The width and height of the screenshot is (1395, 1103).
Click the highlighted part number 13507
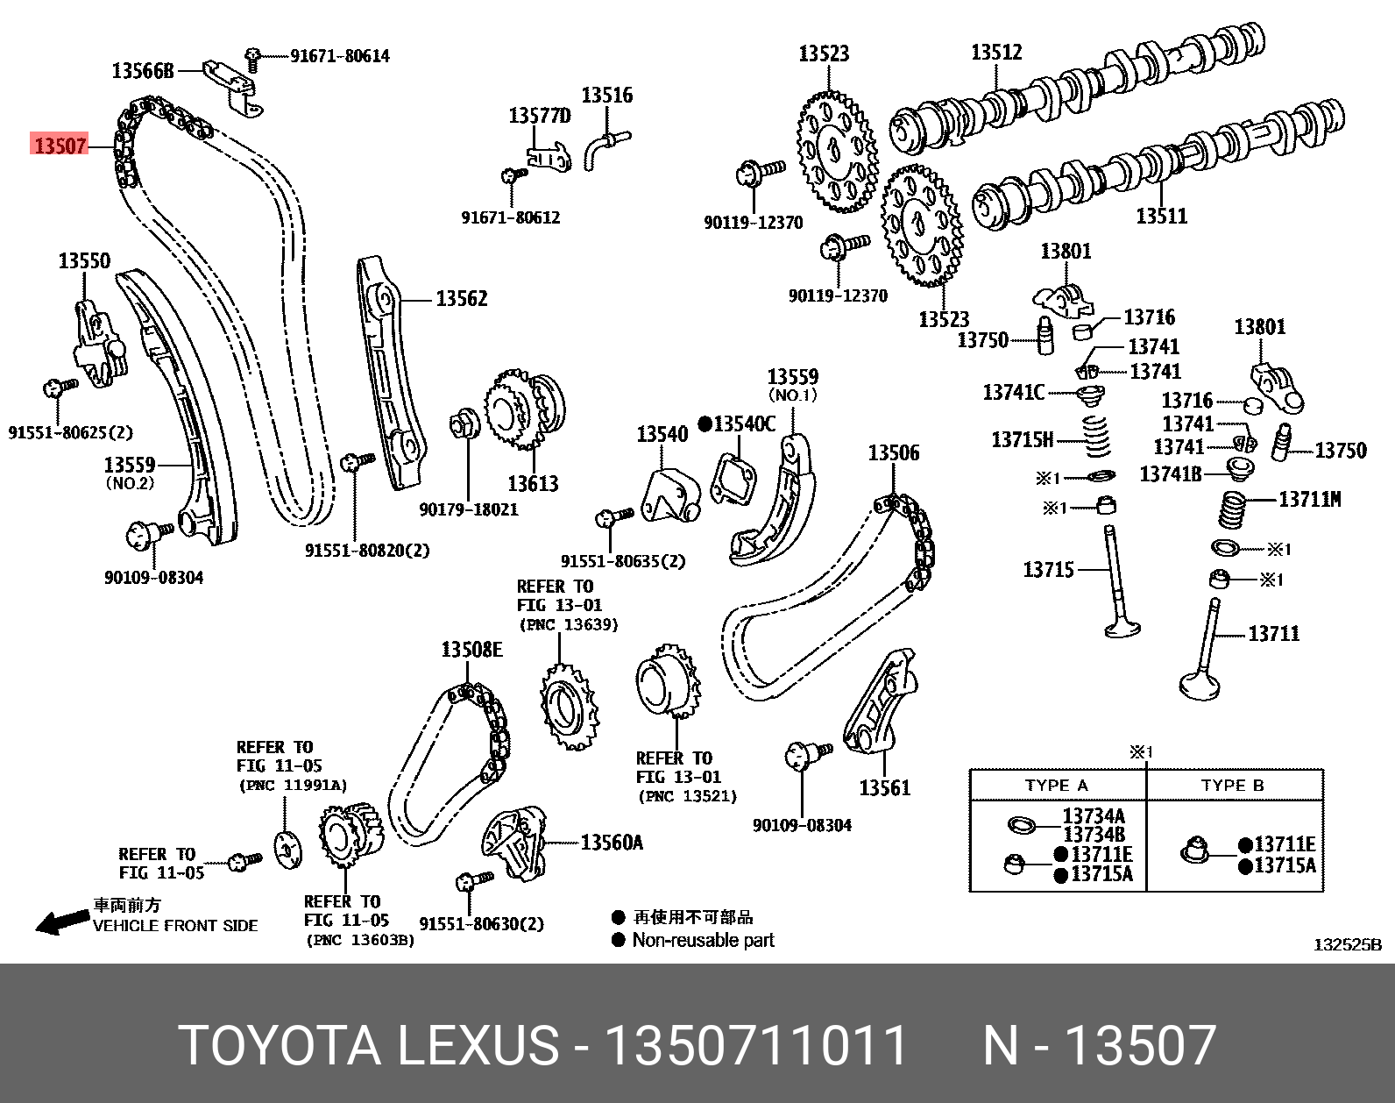click(x=60, y=145)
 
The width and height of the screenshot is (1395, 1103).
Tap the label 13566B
click(x=143, y=71)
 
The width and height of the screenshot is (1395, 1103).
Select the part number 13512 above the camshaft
click(x=996, y=53)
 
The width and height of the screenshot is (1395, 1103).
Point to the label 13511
click(x=1161, y=216)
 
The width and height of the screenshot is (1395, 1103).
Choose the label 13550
click(x=84, y=260)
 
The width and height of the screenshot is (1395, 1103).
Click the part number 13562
click(x=462, y=299)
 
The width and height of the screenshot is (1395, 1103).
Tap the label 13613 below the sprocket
click(x=533, y=483)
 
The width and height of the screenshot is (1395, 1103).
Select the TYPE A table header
click(x=1057, y=786)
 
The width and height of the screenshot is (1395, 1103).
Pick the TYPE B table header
click(x=1233, y=786)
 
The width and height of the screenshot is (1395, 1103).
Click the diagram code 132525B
click(x=1347, y=945)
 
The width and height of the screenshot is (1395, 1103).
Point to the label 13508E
click(x=471, y=650)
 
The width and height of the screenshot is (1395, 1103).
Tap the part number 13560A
click(x=612, y=843)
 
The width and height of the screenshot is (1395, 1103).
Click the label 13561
click(x=885, y=787)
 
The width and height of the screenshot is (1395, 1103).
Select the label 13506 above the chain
click(x=894, y=453)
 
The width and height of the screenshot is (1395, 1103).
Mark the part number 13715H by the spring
click(x=1022, y=439)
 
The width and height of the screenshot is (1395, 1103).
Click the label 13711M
click(x=1310, y=499)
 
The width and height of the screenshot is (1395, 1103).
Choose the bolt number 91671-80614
click(x=340, y=56)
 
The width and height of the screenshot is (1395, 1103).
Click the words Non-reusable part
click(x=704, y=940)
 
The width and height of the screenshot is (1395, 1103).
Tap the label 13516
click(x=607, y=95)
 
